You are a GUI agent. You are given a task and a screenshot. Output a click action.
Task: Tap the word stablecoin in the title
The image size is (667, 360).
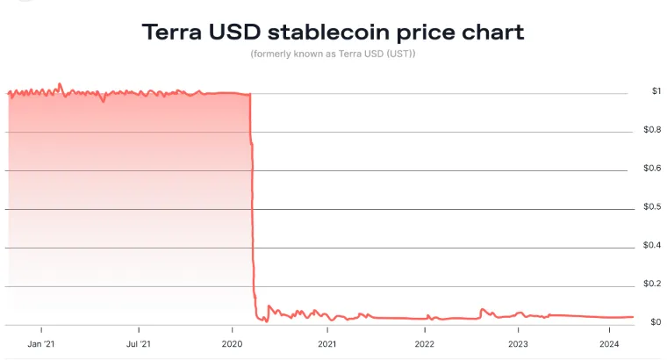click(334, 33)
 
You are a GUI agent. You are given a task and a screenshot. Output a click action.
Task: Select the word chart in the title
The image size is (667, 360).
click(491, 33)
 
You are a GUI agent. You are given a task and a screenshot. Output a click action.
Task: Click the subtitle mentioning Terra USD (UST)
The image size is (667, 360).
click(333, 55)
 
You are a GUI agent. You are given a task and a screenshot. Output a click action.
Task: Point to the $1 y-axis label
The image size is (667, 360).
click(656, 91)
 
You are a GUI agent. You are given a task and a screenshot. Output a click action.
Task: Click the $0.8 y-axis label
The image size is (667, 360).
click(652, 130)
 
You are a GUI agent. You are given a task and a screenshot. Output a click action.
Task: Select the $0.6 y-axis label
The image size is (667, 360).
click(652, 169)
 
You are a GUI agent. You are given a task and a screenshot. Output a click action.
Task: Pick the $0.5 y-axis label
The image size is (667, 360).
click(652, 207)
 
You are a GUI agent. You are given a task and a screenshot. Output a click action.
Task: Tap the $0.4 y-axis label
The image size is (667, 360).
click(652, 246)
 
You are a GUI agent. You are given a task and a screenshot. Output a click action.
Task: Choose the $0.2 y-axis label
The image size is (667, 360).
click(652, 284)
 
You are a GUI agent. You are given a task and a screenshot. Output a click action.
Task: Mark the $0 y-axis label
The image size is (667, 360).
click(656, 322)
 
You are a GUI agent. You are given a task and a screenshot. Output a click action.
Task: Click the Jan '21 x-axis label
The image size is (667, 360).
click(42, 343)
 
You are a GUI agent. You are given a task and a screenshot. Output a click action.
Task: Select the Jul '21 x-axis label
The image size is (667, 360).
click(138, 343)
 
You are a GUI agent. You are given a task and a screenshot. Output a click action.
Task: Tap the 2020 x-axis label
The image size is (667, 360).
click(233, 343)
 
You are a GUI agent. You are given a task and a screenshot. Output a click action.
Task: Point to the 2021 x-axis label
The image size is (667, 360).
click(326, 343)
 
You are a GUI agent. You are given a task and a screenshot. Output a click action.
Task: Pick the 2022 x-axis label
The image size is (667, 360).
click(424, 343)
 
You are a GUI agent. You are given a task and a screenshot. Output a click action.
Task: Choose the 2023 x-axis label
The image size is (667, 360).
click(518, 343)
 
